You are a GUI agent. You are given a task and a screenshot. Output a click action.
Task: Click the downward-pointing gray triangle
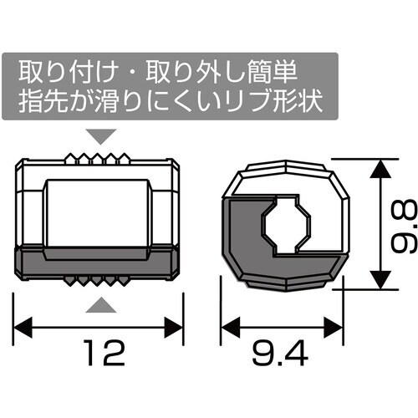[x=99, y=135]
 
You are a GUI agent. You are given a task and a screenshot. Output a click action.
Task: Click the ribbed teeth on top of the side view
[x=99, y=157]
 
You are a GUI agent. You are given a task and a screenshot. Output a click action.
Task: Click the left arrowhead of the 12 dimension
[x=23, y=323]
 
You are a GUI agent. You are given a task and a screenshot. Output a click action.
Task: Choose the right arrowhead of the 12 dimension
[x=177, y=323]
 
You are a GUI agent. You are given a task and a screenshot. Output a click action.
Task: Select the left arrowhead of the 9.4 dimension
[x=227, y=323]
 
